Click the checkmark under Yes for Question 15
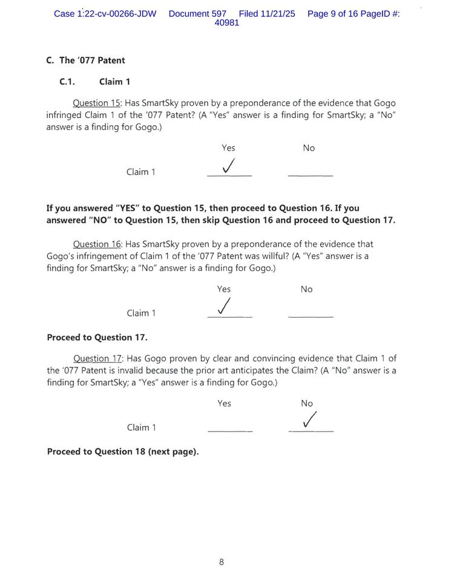pos(229,166)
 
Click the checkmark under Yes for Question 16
pos(225,307)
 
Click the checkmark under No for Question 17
pos(309,420)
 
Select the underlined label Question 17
pos(98,358)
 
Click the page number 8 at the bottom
pos(222,562)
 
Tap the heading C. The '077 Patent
pos(85,61)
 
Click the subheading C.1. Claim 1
pos(94,82)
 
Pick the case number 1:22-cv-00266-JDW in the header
pos(105,13)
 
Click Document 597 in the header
pos(197,13)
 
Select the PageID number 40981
pos(227,23)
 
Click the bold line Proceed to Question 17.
pos(97,337)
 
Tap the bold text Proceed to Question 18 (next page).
pos(123,451)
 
